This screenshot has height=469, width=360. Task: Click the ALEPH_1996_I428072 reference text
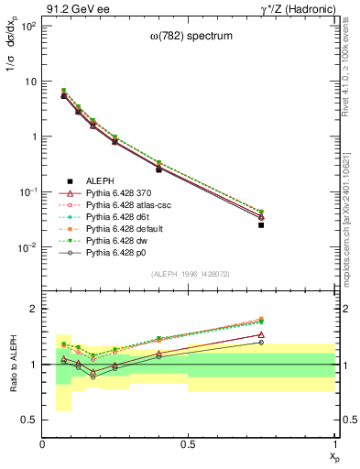click(189, 275)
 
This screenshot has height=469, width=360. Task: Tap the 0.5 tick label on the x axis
click(189, 444)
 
